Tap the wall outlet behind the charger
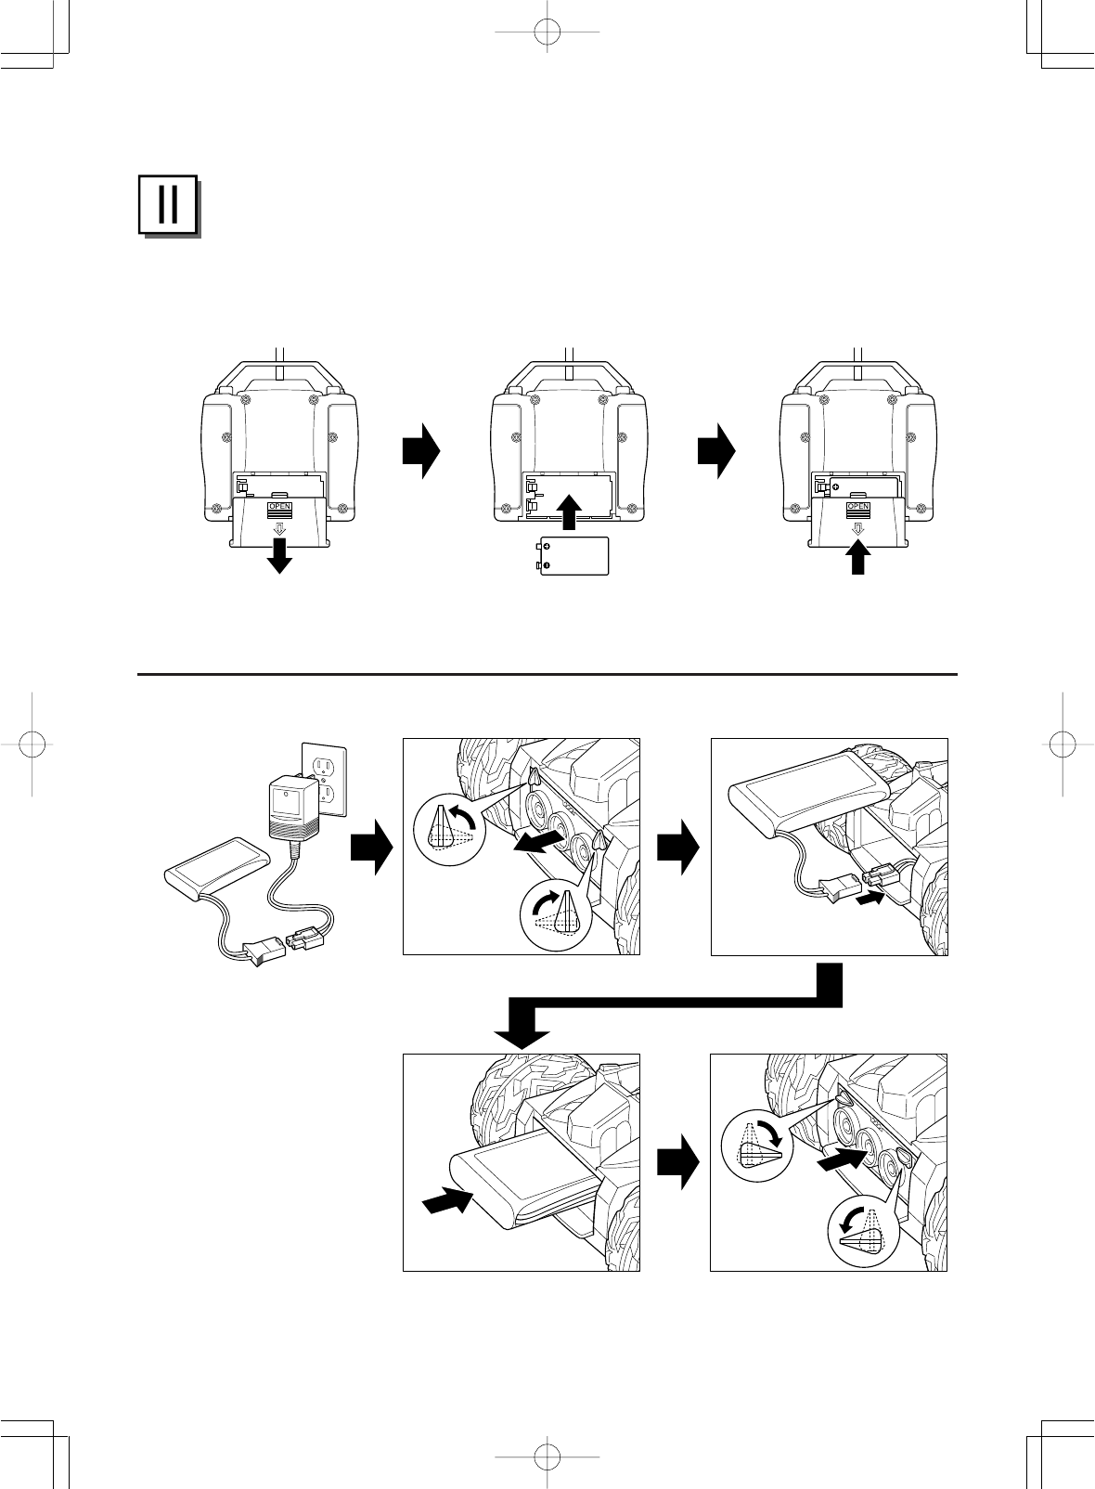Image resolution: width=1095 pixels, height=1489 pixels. [x=326, y=780]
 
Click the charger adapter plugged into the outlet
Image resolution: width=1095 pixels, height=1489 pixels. [x=290, y=808]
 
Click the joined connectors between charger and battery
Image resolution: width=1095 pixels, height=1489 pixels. [x=277, y=945]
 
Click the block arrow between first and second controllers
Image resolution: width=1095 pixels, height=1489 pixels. [x=420, y=450]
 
